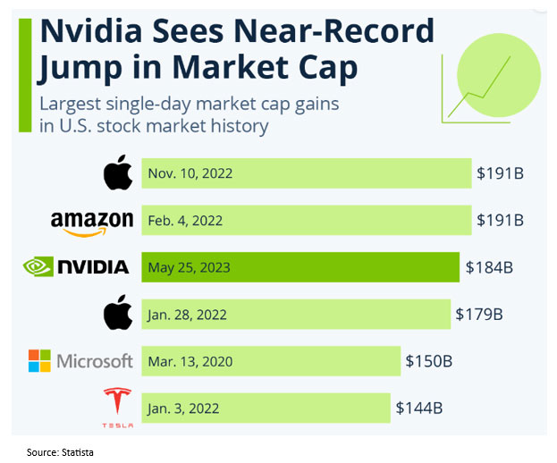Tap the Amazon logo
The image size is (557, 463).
(92, 221)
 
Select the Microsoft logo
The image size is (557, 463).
(80, 361)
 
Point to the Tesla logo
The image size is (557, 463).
(116, 407)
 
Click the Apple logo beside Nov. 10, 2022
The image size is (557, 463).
(118, 173)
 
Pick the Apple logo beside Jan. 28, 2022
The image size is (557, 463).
(118, 313)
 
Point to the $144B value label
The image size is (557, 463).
(419, 408)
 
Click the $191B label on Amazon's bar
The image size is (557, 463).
(501, 220)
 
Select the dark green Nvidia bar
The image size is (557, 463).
(340, 266)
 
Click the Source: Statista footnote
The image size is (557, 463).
(59, 452)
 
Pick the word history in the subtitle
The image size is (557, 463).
(235, 125)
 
